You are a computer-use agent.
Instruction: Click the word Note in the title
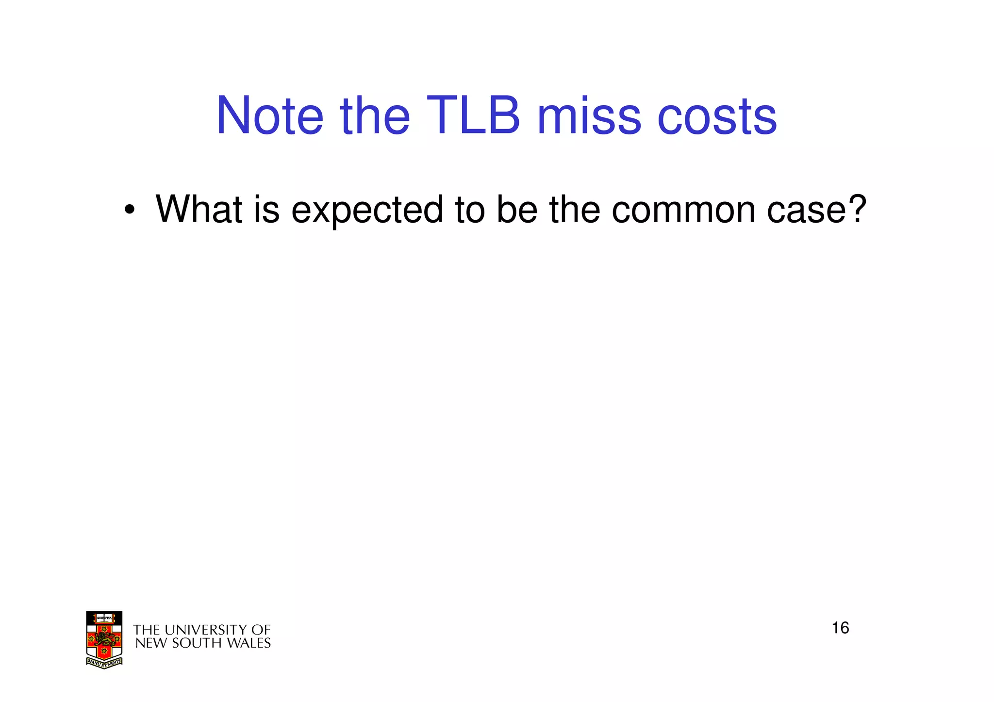(269, 116)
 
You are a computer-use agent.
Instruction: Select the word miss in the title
(589, 116)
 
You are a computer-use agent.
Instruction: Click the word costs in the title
(716, 116)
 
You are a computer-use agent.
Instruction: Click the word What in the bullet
(199, 210)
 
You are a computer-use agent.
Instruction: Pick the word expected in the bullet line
(367, 211)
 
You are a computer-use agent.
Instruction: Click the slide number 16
(840, 628)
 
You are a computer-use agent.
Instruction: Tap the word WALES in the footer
(250, 643)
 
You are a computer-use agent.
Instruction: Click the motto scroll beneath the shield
(104, 662)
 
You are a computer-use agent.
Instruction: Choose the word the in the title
(375, 116)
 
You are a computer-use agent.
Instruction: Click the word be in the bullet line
(517, 210)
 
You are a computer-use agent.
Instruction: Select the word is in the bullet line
(266, 210)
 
